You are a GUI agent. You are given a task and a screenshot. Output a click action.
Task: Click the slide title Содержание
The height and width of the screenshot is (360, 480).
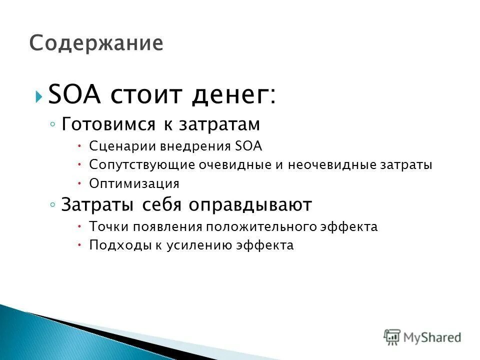click(96, 43)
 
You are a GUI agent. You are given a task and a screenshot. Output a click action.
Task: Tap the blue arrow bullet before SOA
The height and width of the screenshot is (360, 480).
click(39, 96)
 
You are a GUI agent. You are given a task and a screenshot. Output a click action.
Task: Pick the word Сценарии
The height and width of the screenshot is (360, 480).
click(122, 146)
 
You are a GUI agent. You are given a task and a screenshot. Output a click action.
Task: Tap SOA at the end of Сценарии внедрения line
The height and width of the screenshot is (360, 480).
click(248, 146)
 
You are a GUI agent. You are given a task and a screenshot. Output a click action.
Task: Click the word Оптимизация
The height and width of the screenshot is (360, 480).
click(134, 183)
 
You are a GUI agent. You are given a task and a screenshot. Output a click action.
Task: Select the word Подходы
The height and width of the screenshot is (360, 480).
click(113, 245)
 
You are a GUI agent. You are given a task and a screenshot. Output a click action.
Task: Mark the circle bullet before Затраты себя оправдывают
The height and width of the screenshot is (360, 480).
click(52, 205)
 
